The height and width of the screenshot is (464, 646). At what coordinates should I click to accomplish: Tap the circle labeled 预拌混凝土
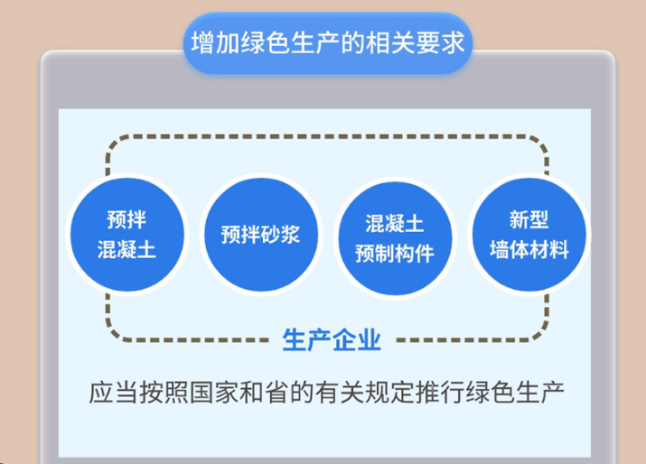pyautogui.click(x=126, y=235)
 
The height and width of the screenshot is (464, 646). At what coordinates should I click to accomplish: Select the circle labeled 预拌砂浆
pyautogui.click(x=259, y=236)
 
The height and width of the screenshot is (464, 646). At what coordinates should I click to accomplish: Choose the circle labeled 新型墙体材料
pyautogui.click(x=529, y=234)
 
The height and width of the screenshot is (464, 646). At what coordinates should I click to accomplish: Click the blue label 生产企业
pyautogui.click(x=332, y=340)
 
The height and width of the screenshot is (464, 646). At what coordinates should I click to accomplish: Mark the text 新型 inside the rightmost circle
pyautogui.click(x=529, y=220)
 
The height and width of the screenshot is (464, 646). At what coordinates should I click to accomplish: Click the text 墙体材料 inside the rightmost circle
pyautogui.click(x=529, y=249)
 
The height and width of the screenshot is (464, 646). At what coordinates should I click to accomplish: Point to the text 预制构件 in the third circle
pyautogui.click(x=394, y=252)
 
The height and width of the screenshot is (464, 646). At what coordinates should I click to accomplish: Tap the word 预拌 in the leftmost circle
pyautogui.click(x=126, y=219)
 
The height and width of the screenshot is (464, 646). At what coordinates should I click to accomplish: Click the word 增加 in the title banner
pyautogui.click(x=212, y=43)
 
